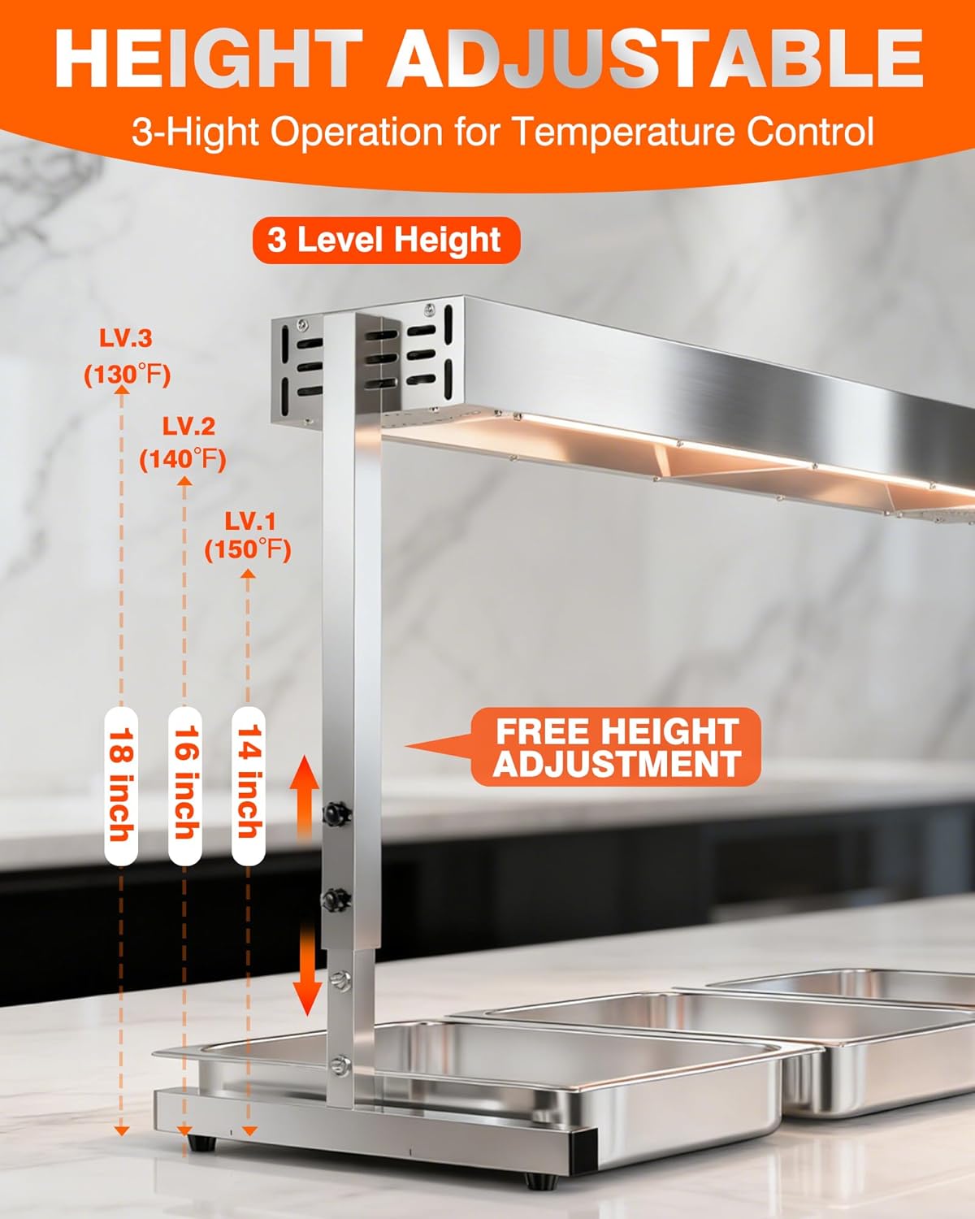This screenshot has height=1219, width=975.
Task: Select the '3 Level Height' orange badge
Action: click(386, 240)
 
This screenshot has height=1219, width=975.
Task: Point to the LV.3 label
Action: click(126, 338)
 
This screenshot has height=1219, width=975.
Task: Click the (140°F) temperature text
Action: click(183, 459)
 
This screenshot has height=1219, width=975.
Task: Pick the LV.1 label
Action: click(250, 521)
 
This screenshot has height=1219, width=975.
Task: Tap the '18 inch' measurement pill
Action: click(121, 786)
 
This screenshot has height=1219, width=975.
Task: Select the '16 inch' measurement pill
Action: click(185, 786)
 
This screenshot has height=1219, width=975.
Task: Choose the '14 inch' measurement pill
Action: click(249, 786)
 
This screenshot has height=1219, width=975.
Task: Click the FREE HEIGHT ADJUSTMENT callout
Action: click(616, 748)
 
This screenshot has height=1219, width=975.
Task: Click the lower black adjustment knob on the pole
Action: click(335, 900)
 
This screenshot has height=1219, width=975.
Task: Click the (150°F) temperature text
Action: click(248, 550)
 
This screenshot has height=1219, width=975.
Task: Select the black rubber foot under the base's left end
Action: click(201, 1144)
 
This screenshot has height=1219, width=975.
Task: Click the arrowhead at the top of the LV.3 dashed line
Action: click(122, 391)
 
